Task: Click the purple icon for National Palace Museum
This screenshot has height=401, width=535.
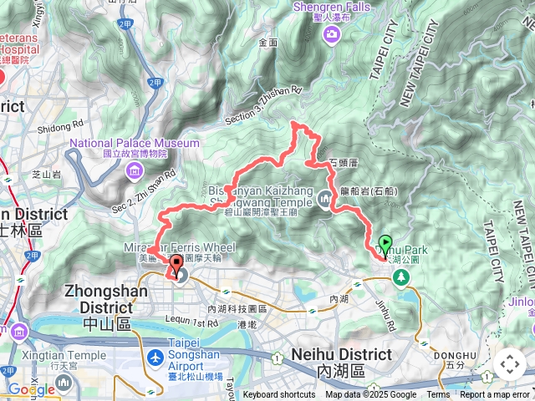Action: pyautogui.click(x=135, y=171)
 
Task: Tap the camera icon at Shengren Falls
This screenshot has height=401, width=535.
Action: pyautogui.click(x=332, y=33)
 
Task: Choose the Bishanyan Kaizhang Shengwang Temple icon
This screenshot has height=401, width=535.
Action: pyautogui.click(x=325, y=198)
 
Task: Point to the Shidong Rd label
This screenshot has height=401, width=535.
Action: pyautogui.click(x=61, y=127)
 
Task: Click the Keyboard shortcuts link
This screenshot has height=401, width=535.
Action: pyautogui.click(x=279, y=394)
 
